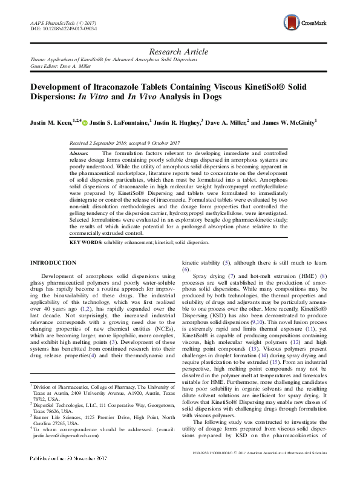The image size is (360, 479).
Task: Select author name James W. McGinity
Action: (287, 122)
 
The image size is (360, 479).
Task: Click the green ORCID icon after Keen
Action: (85, 123)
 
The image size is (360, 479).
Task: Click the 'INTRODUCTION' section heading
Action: (53, 262)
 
